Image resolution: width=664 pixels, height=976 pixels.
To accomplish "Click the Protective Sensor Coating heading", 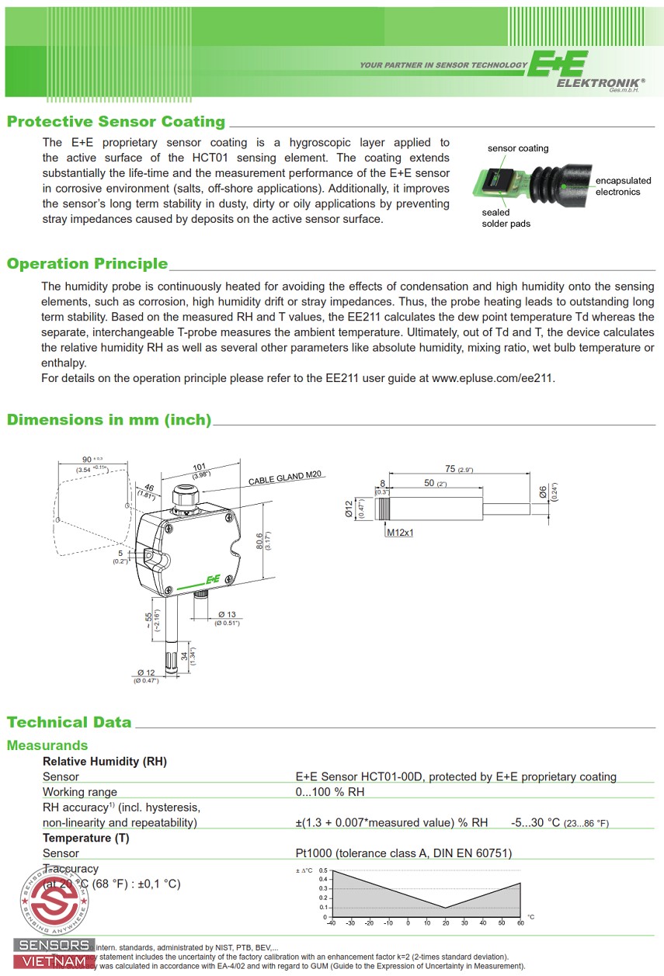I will click(116, 122).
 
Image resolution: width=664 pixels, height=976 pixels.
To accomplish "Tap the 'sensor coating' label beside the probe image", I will click(517, 148).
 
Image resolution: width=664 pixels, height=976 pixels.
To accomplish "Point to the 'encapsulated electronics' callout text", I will click(623, 186).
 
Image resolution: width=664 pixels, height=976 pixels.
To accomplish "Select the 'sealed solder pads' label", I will click(505, 218).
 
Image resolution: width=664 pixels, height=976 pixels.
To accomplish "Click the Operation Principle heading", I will click(87, 264).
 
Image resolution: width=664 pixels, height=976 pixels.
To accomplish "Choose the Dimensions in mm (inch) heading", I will click(109, 420).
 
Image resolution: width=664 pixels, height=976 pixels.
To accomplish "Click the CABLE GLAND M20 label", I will click(284, 477).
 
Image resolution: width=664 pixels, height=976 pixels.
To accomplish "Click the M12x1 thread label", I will click(400, 533).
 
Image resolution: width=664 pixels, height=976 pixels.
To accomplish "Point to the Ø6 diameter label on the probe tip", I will click(543, 491).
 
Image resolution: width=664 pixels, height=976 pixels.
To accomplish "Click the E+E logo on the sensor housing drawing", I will click(212, 579).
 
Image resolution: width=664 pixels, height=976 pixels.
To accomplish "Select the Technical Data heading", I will click(69, 722).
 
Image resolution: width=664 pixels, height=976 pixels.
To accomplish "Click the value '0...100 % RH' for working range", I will click(329, 792).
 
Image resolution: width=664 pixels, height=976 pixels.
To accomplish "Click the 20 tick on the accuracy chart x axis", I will click(445, 923).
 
